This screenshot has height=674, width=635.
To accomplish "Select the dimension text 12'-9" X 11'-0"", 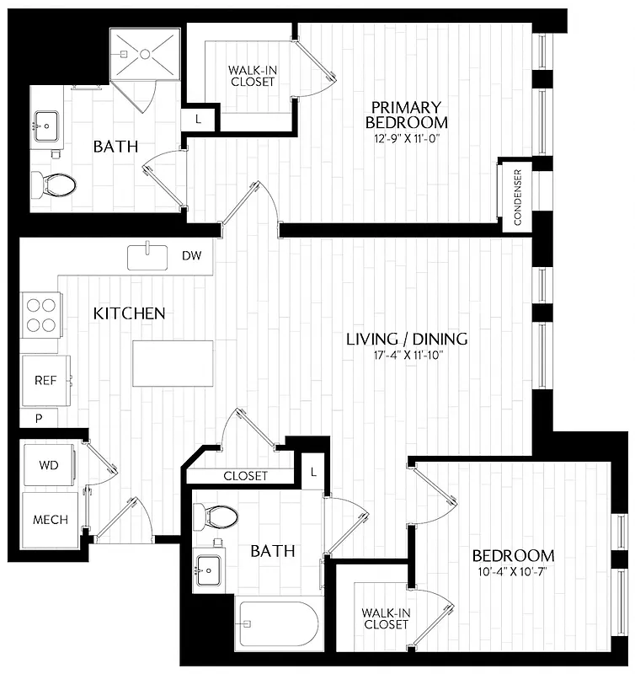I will point(407,138).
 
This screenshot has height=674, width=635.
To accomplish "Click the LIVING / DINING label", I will point(408,340).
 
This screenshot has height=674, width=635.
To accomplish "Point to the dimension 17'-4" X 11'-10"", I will point(408,356).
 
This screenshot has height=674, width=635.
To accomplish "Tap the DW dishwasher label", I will point(191,255).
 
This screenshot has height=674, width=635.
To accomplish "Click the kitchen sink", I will point(147,257).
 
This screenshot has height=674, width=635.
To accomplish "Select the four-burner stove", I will point(40,314).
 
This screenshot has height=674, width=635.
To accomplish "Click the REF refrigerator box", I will point(45,380).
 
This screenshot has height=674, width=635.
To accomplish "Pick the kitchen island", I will point(173,363).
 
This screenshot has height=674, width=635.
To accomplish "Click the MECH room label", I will point(50,520).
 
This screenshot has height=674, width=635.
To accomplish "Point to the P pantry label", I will point(39,418).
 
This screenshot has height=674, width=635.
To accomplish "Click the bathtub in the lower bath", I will point(278,623).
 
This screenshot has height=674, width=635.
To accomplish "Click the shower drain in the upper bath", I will point(144,55).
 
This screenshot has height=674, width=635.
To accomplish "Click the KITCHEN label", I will point(129,313).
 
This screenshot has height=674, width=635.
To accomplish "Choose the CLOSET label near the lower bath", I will point(245,476).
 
